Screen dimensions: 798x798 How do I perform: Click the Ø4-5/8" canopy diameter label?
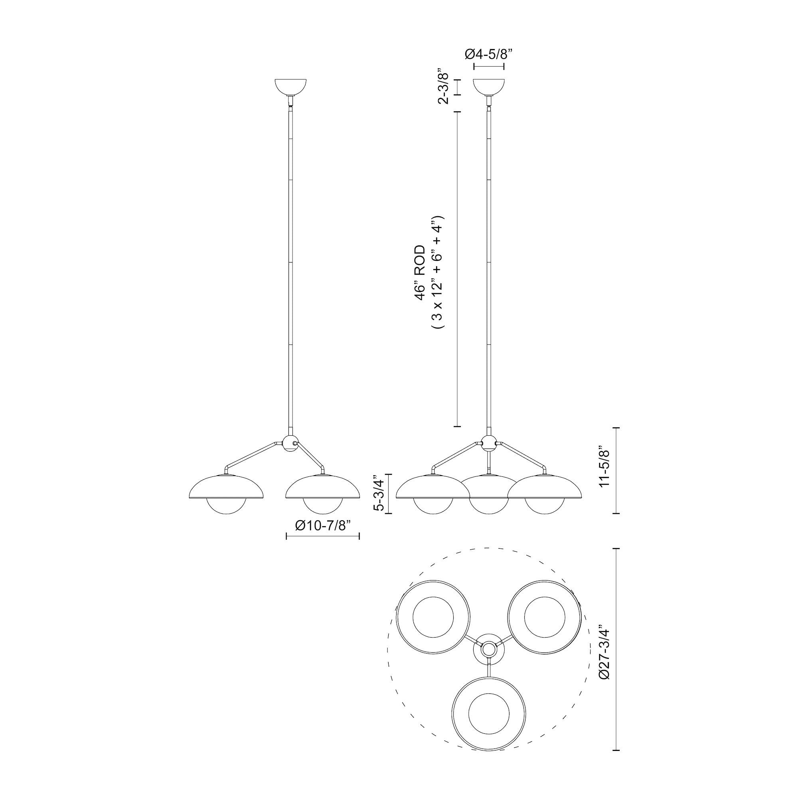pyautogui.click(x=489, y=54)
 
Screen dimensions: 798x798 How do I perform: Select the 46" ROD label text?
pyautogui.click(x=420, y=273)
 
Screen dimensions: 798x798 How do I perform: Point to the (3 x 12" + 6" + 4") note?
pyautogui.click(x=437, y=273)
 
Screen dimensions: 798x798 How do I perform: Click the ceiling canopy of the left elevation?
pyautogui.click(x=291, y=87)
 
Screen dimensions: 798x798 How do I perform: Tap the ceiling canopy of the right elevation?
pyautogui.click(x=489, y=87)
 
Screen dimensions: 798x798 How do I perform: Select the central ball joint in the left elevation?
pyautogui.click(x=290, y=443)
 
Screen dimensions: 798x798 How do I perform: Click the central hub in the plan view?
pyautogui.click(x=489, y=660)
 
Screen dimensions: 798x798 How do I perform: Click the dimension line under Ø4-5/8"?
pyautogui.click(x=489, y=67)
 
